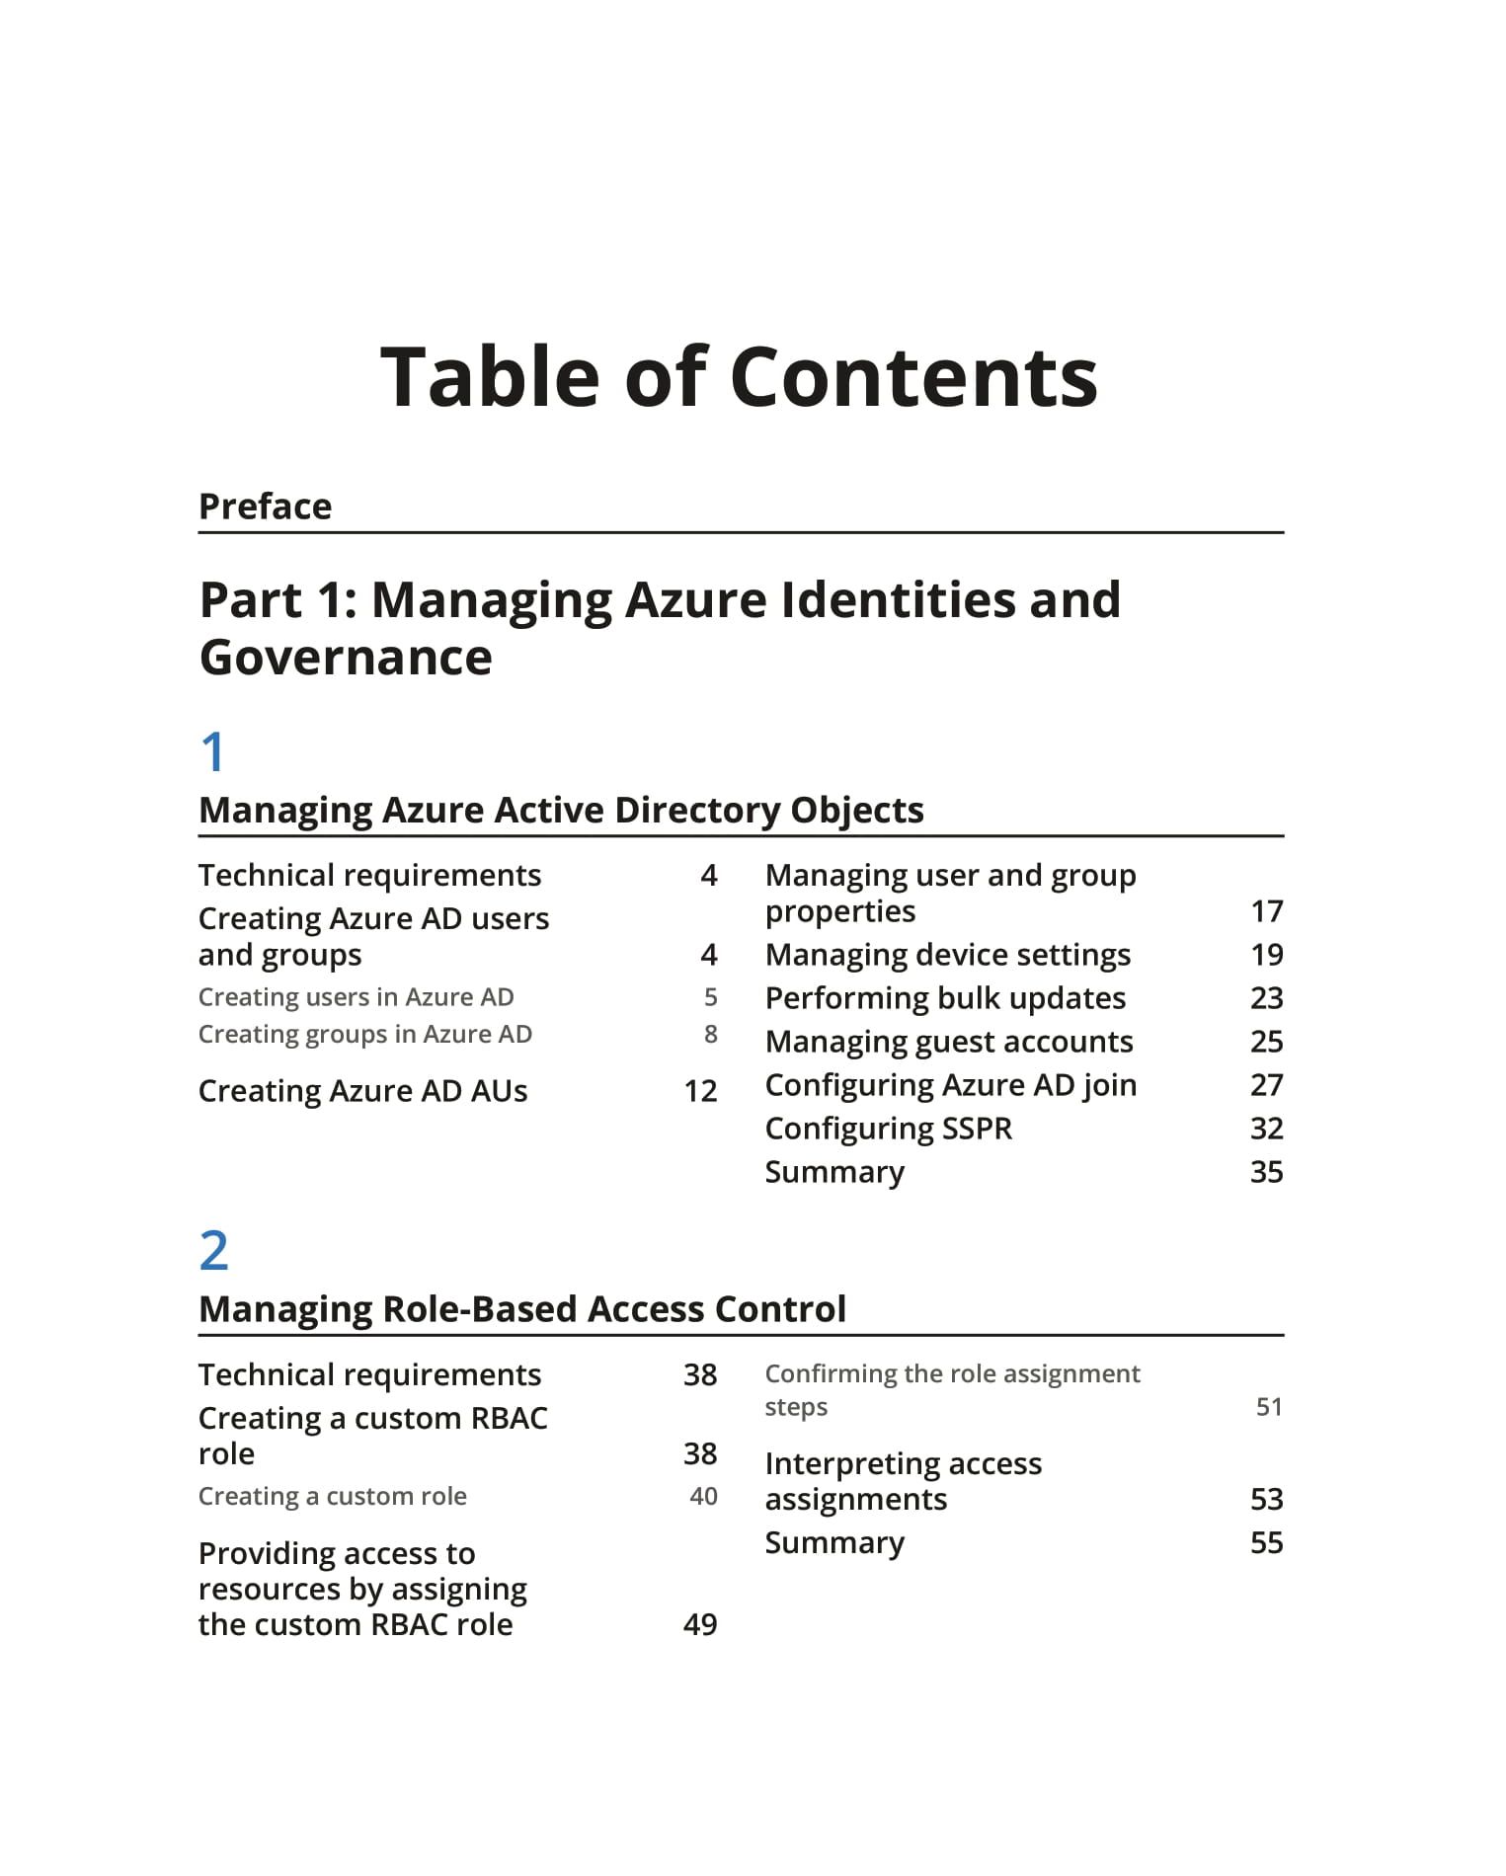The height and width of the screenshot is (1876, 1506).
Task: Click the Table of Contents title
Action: pos(739,377)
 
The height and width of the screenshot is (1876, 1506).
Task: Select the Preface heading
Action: pos(265,507)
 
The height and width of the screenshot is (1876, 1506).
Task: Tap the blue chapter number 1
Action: pos(213,752)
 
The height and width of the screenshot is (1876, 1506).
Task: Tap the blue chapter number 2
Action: pos(214,1251)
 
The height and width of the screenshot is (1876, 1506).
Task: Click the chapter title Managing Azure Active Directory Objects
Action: pos(561,810)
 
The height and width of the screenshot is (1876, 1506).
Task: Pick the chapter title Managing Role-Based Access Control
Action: pos(522,1309)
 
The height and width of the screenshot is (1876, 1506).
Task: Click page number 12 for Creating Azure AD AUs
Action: pos(700,1091)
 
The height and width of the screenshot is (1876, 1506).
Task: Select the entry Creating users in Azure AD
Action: pos(356,997)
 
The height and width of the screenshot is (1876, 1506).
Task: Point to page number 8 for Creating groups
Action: pos(710,1034)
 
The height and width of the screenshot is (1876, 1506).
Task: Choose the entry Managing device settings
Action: pos(948,955)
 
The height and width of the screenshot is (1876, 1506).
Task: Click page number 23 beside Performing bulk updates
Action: pos(1266,998)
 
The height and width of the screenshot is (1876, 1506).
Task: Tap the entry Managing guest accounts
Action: pos(949,1042)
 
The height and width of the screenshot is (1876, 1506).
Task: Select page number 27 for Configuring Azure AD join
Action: pos(1266,1085)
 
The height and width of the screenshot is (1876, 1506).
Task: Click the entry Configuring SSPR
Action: pos(889,1129)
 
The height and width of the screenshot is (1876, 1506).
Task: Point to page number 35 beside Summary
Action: pos(1266,1172)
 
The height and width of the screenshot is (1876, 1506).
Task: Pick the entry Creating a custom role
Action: pos(332,1497)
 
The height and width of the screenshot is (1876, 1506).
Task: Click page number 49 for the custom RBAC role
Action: pos(700,1625)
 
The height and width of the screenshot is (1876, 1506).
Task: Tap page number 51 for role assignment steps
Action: pos(1269,1407)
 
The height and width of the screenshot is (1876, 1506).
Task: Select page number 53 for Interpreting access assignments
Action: pos(1266,1500)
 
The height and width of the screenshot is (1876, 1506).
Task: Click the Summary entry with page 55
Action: pos(834,1543)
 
